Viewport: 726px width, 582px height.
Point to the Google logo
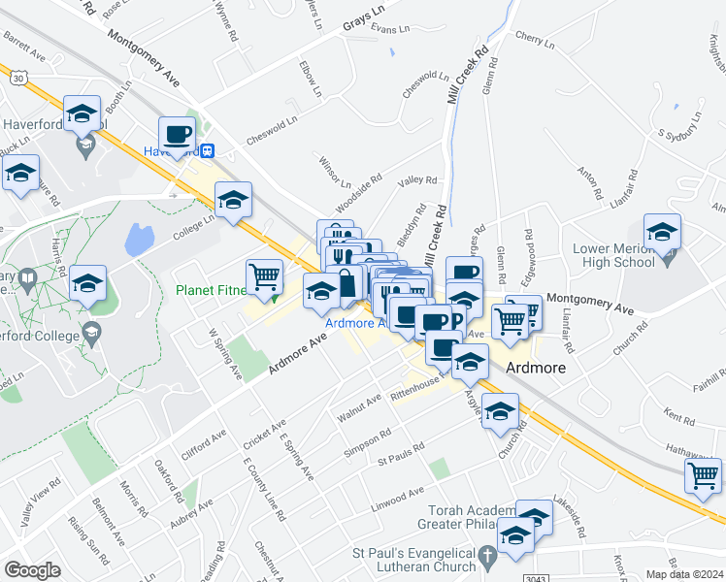point(32,570)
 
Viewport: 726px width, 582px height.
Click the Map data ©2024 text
point(684,574)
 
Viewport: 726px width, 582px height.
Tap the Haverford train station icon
point(207,150)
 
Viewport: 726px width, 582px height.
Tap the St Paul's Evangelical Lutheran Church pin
point(489,558)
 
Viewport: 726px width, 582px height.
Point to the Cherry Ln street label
point(535,43)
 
